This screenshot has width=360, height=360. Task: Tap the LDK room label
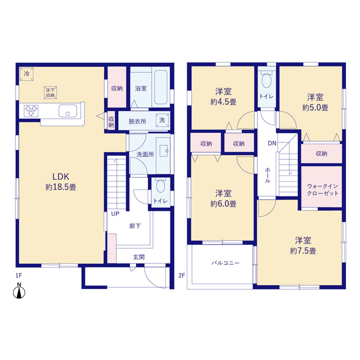pyautogui.click(x=61, y=177)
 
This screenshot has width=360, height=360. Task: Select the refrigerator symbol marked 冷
pyautogui.click(x=26, y=74)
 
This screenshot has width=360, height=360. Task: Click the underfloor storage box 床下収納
pyautogui.click(x=50, y=93)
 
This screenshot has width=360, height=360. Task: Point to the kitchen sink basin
pyautogui.click(x=67, y=111)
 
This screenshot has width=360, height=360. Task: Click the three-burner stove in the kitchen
pyautogui.click(x=31, y=111)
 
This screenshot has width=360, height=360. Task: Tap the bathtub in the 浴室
pyautogui.click(x=161, y=87)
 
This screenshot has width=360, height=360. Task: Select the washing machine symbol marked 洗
pyautogui.click(x=163, y=120)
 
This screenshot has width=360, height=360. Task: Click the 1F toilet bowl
pyautogui.click(x=160, y=185)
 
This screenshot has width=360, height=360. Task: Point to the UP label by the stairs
pyautogui.click(x=115, y=214)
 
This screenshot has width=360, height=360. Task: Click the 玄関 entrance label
pyautogui.click(x=139, y=257)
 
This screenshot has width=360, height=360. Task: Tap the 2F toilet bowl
pyautogui.click(x=267, y=79)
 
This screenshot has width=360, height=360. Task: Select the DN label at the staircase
pyautogui.click(x=272, y=143)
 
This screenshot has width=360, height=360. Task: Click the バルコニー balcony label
pyautogui.click(x=226, y=263)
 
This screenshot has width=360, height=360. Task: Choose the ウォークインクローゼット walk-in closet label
pyautogui.click(x=322, y=190)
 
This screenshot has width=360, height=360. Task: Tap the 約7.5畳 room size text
pyautogui.click(x=303, y=251)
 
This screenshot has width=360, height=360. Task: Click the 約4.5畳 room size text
pyautogui.click(x=223, y=102)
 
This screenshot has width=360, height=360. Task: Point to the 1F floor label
pyautogui.click(x=19, y=275)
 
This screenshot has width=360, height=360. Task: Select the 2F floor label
pyautogui.click(x=182, y=275)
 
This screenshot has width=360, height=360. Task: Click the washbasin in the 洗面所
pyautogui.click(x=164, y=151)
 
